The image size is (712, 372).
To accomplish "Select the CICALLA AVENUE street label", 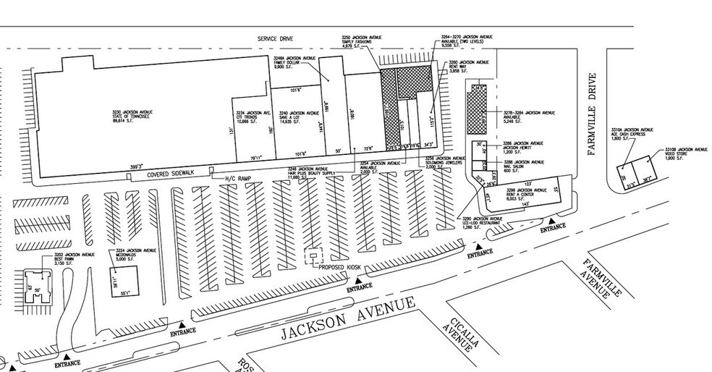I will [x=461, y=334].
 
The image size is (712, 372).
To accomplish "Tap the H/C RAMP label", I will [x=234, y=178].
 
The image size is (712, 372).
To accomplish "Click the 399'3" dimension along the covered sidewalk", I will [x=136, y=166].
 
